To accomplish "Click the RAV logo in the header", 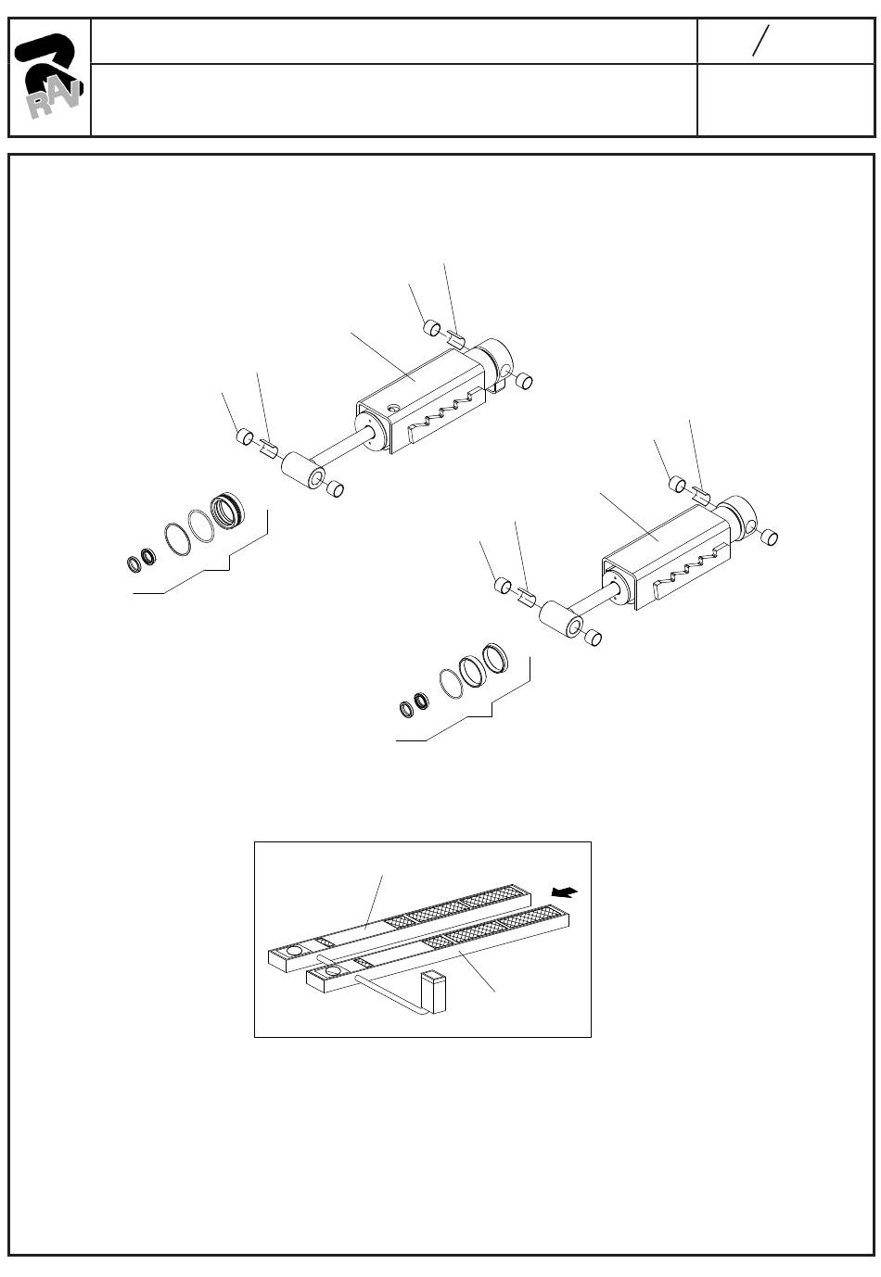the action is pyautogui.click(x=49, y=76).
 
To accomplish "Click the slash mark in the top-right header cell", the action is pyautogui.click(x=760, y=41).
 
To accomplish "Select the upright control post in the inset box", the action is pyautogui.click(x=433, y=993).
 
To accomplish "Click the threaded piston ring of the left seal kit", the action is pyautogui.click(x=227, y=510).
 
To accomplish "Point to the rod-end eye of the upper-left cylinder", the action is pyautogui.click(x=303, y=470).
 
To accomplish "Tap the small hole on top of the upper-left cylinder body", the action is pyautogui.click(x=391, y=408).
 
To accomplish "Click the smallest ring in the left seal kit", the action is pyautogui.click(x=134, y=563).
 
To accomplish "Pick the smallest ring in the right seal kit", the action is pyautogui.click(x=407, y=709).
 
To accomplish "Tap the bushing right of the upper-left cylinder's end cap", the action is pyautogui.click(x=523, y=381).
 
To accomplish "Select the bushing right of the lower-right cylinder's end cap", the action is pyautogui.click(x=769, y=537).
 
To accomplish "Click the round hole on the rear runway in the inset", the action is pyautogui.click(x=295, y=951).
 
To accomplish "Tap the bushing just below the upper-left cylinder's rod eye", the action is pyautogui.click(x=335, y=488).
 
